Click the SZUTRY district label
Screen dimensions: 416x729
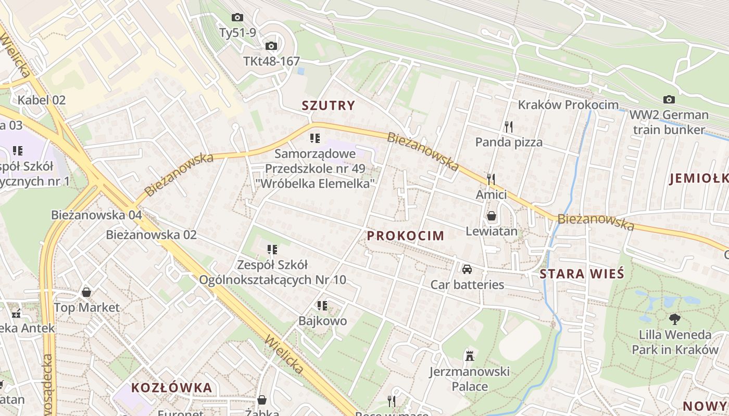[328, 106]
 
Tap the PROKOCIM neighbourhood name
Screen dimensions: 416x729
[406, 236]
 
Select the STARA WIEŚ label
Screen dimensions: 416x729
[582, 274]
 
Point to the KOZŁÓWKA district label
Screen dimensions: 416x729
[172, 387]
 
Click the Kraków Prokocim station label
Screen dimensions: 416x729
[568, 105]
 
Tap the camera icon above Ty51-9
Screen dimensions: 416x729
[237, 18]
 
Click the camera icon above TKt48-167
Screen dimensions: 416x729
[271, 46]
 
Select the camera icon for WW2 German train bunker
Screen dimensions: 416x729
[669, 99]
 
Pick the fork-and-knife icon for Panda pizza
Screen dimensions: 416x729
[509, 126]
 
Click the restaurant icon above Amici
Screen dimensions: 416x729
[491, 179]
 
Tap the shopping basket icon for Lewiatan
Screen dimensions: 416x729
[491, 216]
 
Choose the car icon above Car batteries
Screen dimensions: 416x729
[467, 269]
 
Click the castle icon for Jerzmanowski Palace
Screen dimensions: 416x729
[470, 356]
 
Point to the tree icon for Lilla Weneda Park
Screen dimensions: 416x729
[675, 319]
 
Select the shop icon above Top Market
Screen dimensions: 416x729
[86, 292]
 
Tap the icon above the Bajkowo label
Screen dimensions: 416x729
[322, 306]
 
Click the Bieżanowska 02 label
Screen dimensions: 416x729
[152, 235]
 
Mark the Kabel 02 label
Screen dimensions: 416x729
[42, 100]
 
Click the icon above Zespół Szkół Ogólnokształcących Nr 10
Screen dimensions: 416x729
[272, 250]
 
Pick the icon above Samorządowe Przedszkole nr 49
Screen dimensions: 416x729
[315, 138]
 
